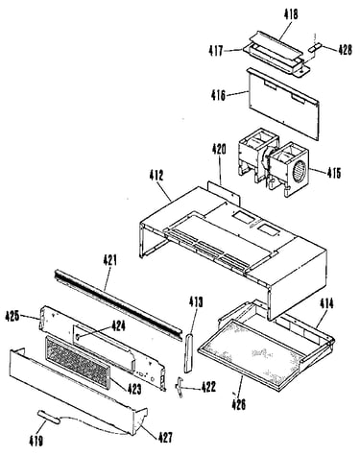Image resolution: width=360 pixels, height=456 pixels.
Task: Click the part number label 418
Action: pos(291,15)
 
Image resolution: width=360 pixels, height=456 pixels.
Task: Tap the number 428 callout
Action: pos(345,50)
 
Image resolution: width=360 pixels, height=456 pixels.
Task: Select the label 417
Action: pos(216,51)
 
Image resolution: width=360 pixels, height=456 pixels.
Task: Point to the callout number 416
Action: pos(218,96)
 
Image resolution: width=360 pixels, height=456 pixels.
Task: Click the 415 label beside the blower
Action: pos(334,173)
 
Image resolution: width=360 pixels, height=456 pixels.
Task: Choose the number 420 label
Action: pos(219,149)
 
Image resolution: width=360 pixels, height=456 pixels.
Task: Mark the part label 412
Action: pos(156,176)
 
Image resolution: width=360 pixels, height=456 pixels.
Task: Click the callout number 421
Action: pos(109,260)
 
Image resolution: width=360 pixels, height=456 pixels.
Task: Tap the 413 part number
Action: pos(196,301)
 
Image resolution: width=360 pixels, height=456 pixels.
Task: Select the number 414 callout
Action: pos(326,303)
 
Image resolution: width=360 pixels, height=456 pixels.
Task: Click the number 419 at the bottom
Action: pos(36,442)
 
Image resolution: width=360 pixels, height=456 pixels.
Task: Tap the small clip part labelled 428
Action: pos(314,48)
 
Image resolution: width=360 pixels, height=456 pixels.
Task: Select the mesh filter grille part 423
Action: pos(78,361)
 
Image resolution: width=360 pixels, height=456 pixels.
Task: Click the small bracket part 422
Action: pos(180,387)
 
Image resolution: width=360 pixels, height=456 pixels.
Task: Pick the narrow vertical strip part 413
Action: pos(188,352)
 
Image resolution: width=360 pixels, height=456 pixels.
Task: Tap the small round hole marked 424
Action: pos(79,336)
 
